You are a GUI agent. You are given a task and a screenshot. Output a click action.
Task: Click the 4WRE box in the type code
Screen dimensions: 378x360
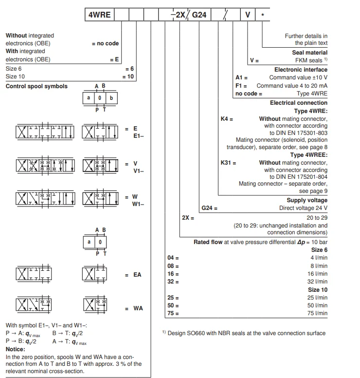[99, 15]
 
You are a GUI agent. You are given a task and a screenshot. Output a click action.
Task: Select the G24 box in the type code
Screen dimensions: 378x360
[199, 15]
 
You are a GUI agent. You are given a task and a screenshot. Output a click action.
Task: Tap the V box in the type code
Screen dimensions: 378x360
[248, 15]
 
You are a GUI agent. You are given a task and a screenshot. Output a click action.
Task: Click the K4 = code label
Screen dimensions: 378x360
[227, 118]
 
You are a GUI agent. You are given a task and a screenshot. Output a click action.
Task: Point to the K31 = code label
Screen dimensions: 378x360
[228, 163]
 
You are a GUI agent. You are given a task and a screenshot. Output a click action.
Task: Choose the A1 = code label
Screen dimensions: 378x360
[242, 77]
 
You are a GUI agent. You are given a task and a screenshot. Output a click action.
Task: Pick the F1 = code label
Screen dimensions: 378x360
[242, 85]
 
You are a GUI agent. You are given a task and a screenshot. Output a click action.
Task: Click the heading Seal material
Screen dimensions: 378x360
[309, 53]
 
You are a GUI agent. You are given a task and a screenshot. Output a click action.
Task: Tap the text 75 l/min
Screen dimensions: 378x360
[317, 313]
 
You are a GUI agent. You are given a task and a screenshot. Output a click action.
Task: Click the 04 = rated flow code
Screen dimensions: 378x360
[173, 258]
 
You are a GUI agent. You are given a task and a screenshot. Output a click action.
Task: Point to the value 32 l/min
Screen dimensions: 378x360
[317, 282]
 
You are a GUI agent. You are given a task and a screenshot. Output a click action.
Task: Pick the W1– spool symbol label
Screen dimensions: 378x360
[138, 205]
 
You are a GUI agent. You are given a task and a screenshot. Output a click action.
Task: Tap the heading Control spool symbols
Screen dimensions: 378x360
[36, 86]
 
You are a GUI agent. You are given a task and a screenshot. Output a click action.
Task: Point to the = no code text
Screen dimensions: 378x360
[105, 43]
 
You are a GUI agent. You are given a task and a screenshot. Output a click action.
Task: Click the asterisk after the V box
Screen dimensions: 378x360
[263, 15]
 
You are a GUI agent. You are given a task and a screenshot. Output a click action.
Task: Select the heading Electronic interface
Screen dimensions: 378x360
[301, 70]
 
